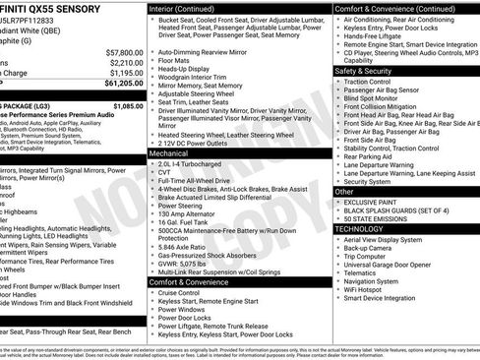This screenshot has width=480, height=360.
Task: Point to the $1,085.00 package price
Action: click(127, 105)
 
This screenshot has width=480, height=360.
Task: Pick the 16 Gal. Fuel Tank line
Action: click(185, 222)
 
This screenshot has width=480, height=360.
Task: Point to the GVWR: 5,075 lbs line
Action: click(183, 263)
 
